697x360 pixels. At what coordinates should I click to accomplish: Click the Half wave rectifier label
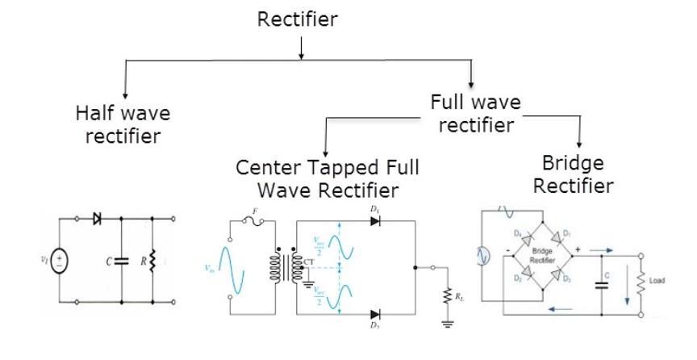point(124,123)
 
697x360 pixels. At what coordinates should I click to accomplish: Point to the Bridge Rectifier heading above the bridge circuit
point(579,174)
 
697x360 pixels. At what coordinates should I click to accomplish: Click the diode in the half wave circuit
point(98,218)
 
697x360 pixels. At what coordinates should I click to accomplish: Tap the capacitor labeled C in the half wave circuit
point(122,260)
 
